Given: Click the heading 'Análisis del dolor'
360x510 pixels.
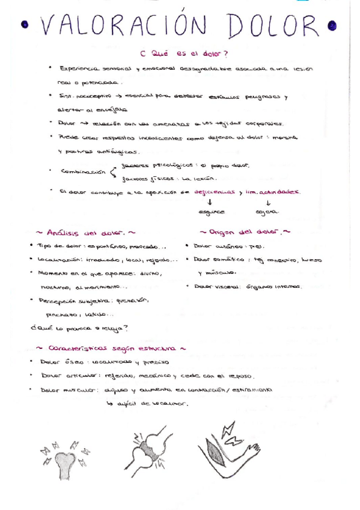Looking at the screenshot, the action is (86, 231).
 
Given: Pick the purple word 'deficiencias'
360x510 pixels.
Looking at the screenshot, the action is (211, 192).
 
